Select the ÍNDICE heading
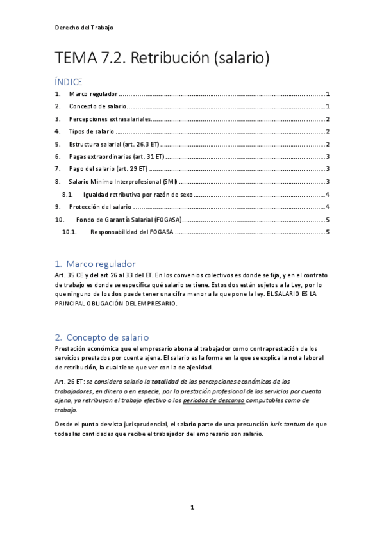[x=69, y=82]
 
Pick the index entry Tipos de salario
[x=92, y=131]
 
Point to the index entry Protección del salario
[x=101, y=207]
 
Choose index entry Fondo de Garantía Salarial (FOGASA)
[x=128, y=220]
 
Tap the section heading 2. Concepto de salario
[x=102, y=337]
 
